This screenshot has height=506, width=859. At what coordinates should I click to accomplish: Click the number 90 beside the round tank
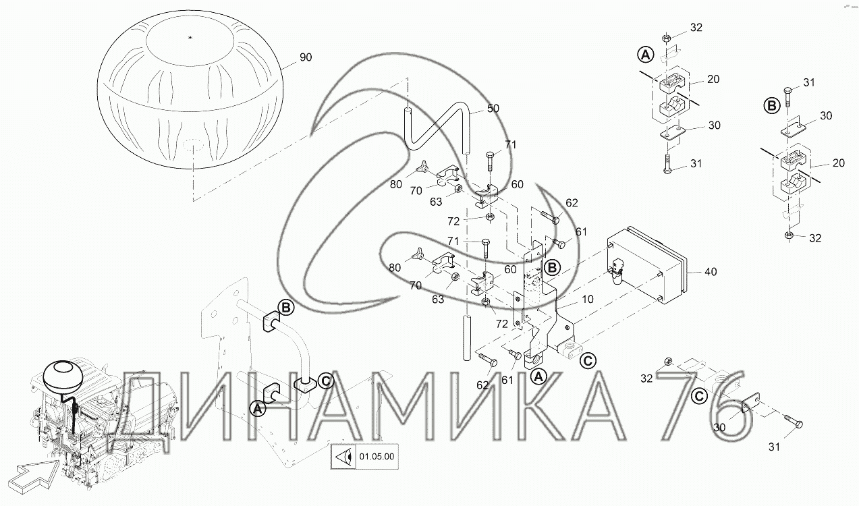coord(306,57)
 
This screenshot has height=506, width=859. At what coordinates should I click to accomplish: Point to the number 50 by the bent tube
coord(493,109)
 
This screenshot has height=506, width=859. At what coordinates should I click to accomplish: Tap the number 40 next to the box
coord(711,272)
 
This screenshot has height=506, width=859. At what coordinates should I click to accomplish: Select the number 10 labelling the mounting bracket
coord(588,299)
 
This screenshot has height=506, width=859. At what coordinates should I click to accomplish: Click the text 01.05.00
coord(377,457)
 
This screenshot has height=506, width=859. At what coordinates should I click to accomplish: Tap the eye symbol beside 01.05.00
coord(343,457)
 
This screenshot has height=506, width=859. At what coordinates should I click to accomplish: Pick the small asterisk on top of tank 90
coord(190,37)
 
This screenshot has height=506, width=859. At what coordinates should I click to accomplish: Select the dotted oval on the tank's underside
coord(193,146)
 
